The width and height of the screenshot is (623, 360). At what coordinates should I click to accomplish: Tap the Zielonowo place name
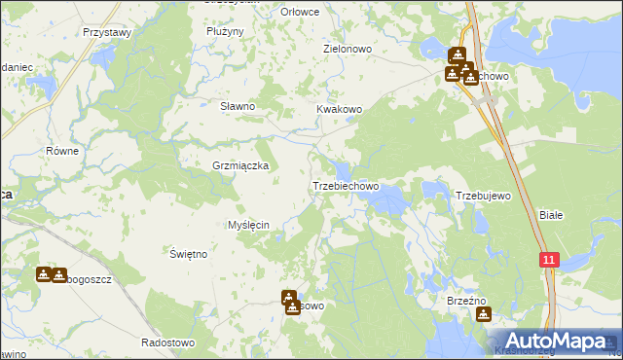[347, 47]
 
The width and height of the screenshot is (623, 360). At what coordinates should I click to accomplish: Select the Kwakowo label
[339, 110]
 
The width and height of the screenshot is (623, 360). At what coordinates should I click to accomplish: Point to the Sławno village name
[237, 106]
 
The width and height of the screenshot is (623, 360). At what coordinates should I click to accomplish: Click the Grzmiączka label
[240, 165]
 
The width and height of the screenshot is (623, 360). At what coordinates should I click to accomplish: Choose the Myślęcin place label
[255, 225]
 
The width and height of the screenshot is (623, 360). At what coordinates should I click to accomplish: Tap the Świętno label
[188, 254]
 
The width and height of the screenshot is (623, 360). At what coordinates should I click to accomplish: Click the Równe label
[62, 152]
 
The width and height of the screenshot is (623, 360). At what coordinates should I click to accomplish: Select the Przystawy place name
[107, 32]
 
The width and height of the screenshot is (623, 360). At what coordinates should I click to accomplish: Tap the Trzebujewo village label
[484, 196]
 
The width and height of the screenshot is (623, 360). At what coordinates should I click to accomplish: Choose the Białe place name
[552, 215]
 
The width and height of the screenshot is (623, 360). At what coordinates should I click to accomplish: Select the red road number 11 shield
[550, 260]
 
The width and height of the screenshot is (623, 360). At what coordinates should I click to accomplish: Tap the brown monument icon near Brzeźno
[483, 314]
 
